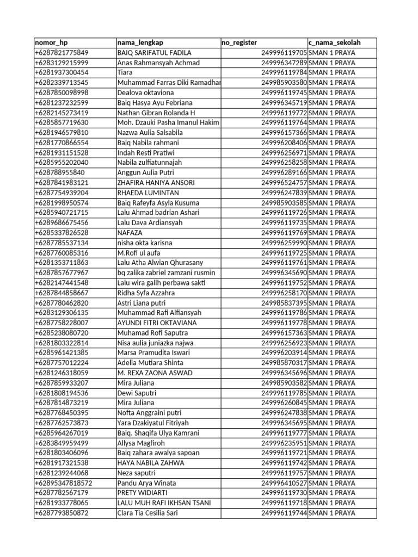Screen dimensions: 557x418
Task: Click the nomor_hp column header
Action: click(51, 42)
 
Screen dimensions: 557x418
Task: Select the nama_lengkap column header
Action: click(140, 42)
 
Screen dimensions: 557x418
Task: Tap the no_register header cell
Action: click(239, 42)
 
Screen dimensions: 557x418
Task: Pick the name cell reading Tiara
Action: click(125, 72)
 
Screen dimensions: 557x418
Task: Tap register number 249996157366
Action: click(284, 133)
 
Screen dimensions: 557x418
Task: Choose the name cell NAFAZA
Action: click(130, 233)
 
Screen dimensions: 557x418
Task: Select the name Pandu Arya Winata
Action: click(146, 483)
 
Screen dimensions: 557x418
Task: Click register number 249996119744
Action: click(284, 513)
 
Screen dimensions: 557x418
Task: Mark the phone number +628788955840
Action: click(59, 172)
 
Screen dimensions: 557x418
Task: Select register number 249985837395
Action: click(284, 303)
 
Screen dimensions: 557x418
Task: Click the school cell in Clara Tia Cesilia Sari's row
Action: click(331, 513)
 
